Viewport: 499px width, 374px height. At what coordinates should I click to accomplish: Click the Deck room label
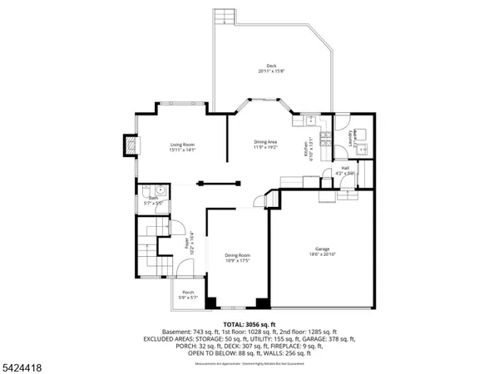(x=271, y=68)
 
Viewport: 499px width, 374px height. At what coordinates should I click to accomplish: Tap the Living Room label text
(x=182, y=147)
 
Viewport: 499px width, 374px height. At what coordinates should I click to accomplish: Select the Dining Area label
(x=266, y=145)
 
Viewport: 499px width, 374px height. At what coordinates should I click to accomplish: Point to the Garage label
(x=320, y=251)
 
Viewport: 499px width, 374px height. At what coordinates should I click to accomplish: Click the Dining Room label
(x=237, y=258)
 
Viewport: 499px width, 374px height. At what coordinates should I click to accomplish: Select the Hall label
(x=346, y=170)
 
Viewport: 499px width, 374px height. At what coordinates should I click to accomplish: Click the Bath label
(x=154, y=199)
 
